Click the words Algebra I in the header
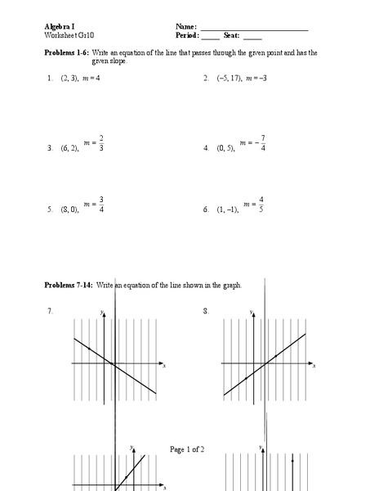point(59,27)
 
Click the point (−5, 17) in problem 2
point(231,79)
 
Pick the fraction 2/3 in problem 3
point(101,143)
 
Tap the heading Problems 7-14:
point(70,285)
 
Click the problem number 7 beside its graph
point(50,311)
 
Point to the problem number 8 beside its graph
point(204,311)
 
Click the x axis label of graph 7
point(163,365)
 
